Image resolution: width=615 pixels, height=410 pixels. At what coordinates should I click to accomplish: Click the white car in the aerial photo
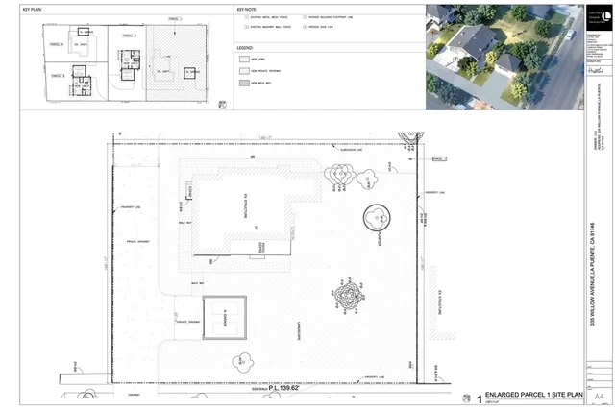570,35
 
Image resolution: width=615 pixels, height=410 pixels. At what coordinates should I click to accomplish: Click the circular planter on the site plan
378,218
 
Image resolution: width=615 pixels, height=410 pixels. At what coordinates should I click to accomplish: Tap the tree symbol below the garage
241,363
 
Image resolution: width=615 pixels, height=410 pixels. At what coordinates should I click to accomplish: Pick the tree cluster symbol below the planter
347,289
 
